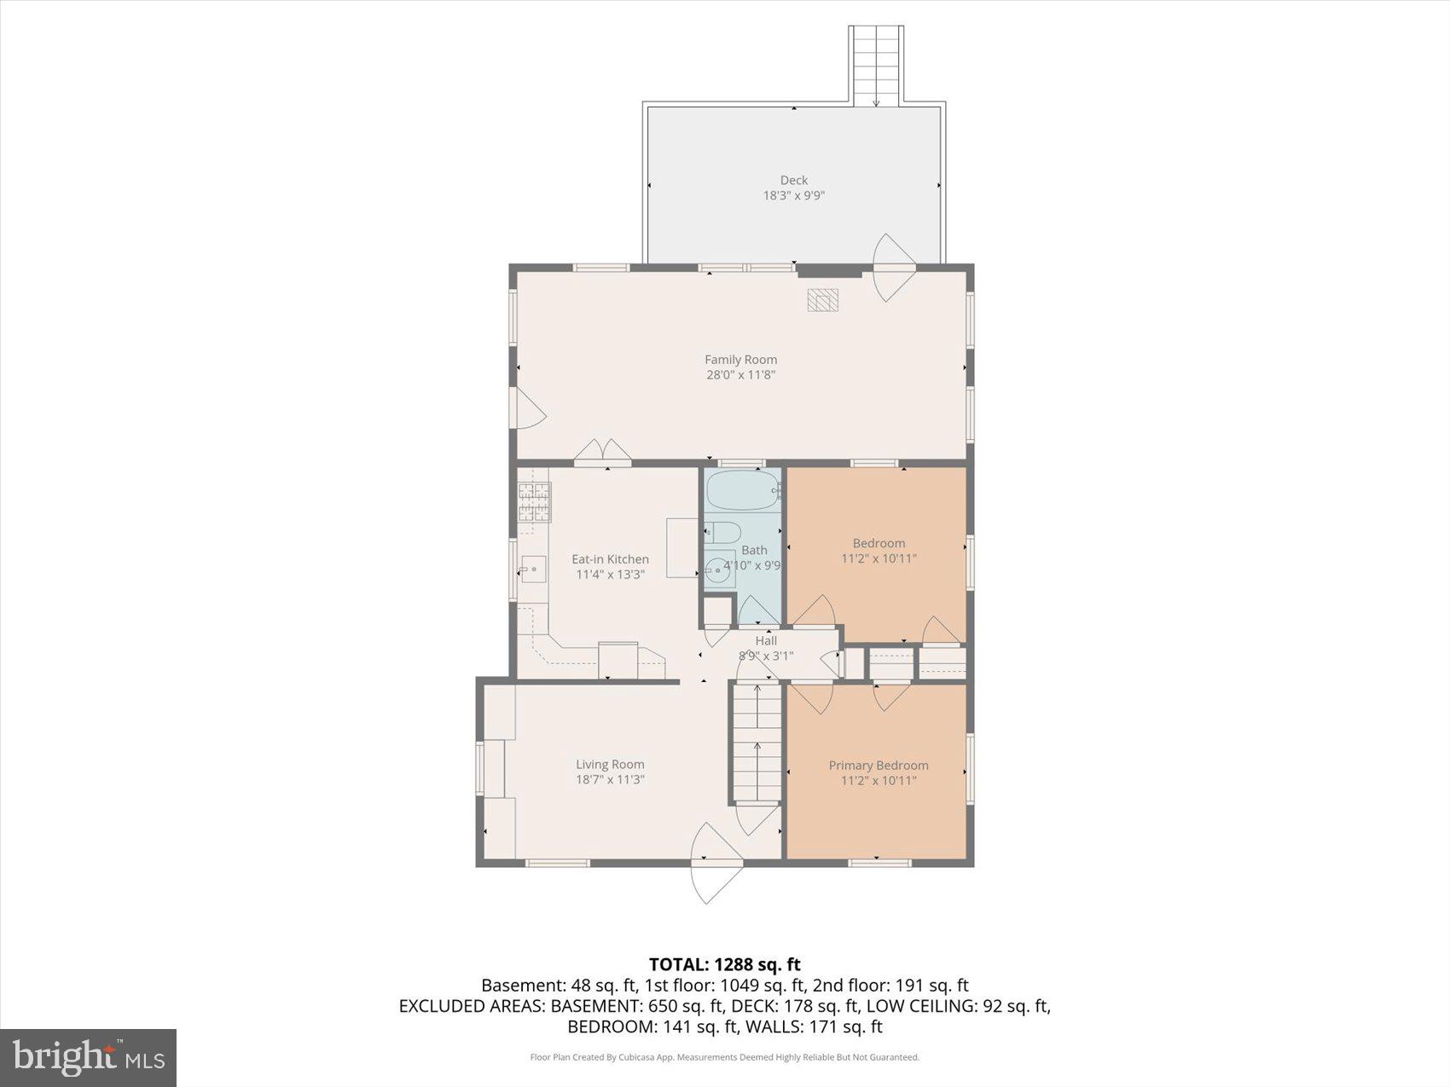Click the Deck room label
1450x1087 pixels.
click(793, 180)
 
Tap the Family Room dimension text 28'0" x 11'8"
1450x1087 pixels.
click(740, 374)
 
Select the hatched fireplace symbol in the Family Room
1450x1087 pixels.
click(823, 300)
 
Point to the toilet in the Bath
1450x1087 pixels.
click(722, 533)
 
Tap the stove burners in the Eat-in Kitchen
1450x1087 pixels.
click(534, 502)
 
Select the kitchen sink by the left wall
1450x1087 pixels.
click(534, 568)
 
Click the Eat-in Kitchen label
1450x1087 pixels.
click(610, 559)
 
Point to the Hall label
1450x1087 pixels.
click(766, 640)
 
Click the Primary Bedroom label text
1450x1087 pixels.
click(879, 766)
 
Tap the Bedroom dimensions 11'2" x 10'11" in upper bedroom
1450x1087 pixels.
click(879, 558)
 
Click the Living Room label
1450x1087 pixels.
click(610, 765)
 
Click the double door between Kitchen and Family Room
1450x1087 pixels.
click(602, 454)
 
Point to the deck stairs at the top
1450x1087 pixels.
click(876, 65)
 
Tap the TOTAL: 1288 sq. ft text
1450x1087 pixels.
click(724, 964)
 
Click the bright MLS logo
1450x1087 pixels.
click(89, 1057)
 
